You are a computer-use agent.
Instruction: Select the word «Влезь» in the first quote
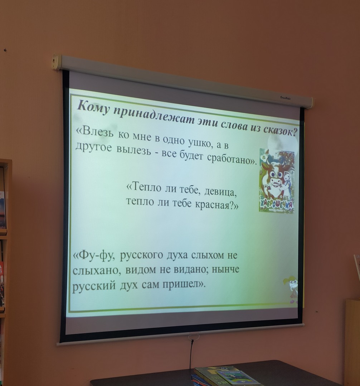pyautogui.click(x=97, y=131)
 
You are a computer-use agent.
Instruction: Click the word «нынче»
pyautogui.click(x=225, y=269)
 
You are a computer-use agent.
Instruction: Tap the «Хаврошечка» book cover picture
pyautogui.click(x=277, y=180)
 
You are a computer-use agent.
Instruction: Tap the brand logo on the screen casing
pyautogui.click(x=285, y=98)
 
